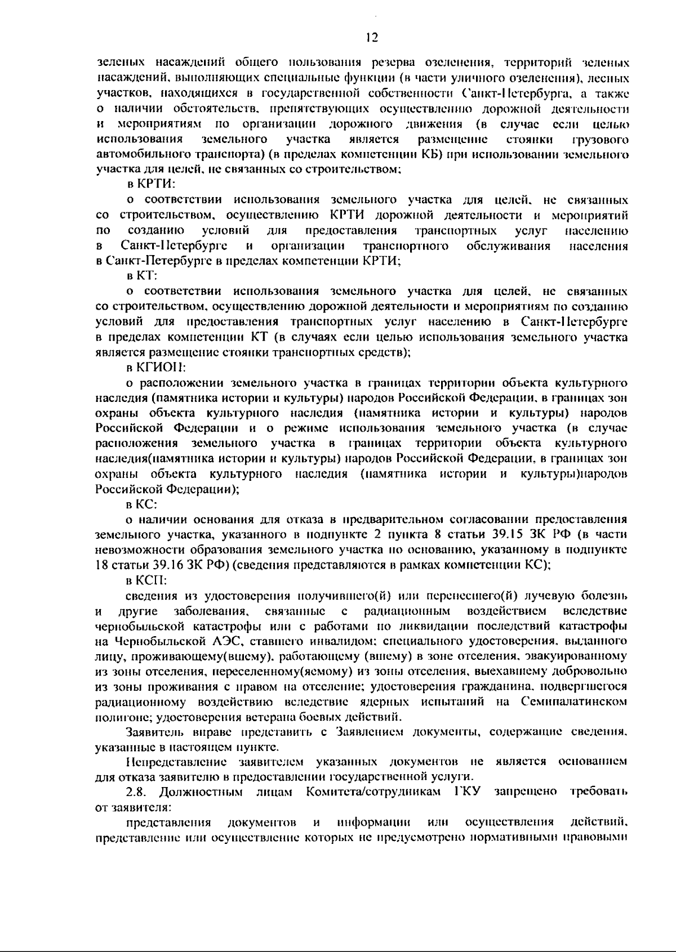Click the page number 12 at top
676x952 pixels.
pos(371,38)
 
